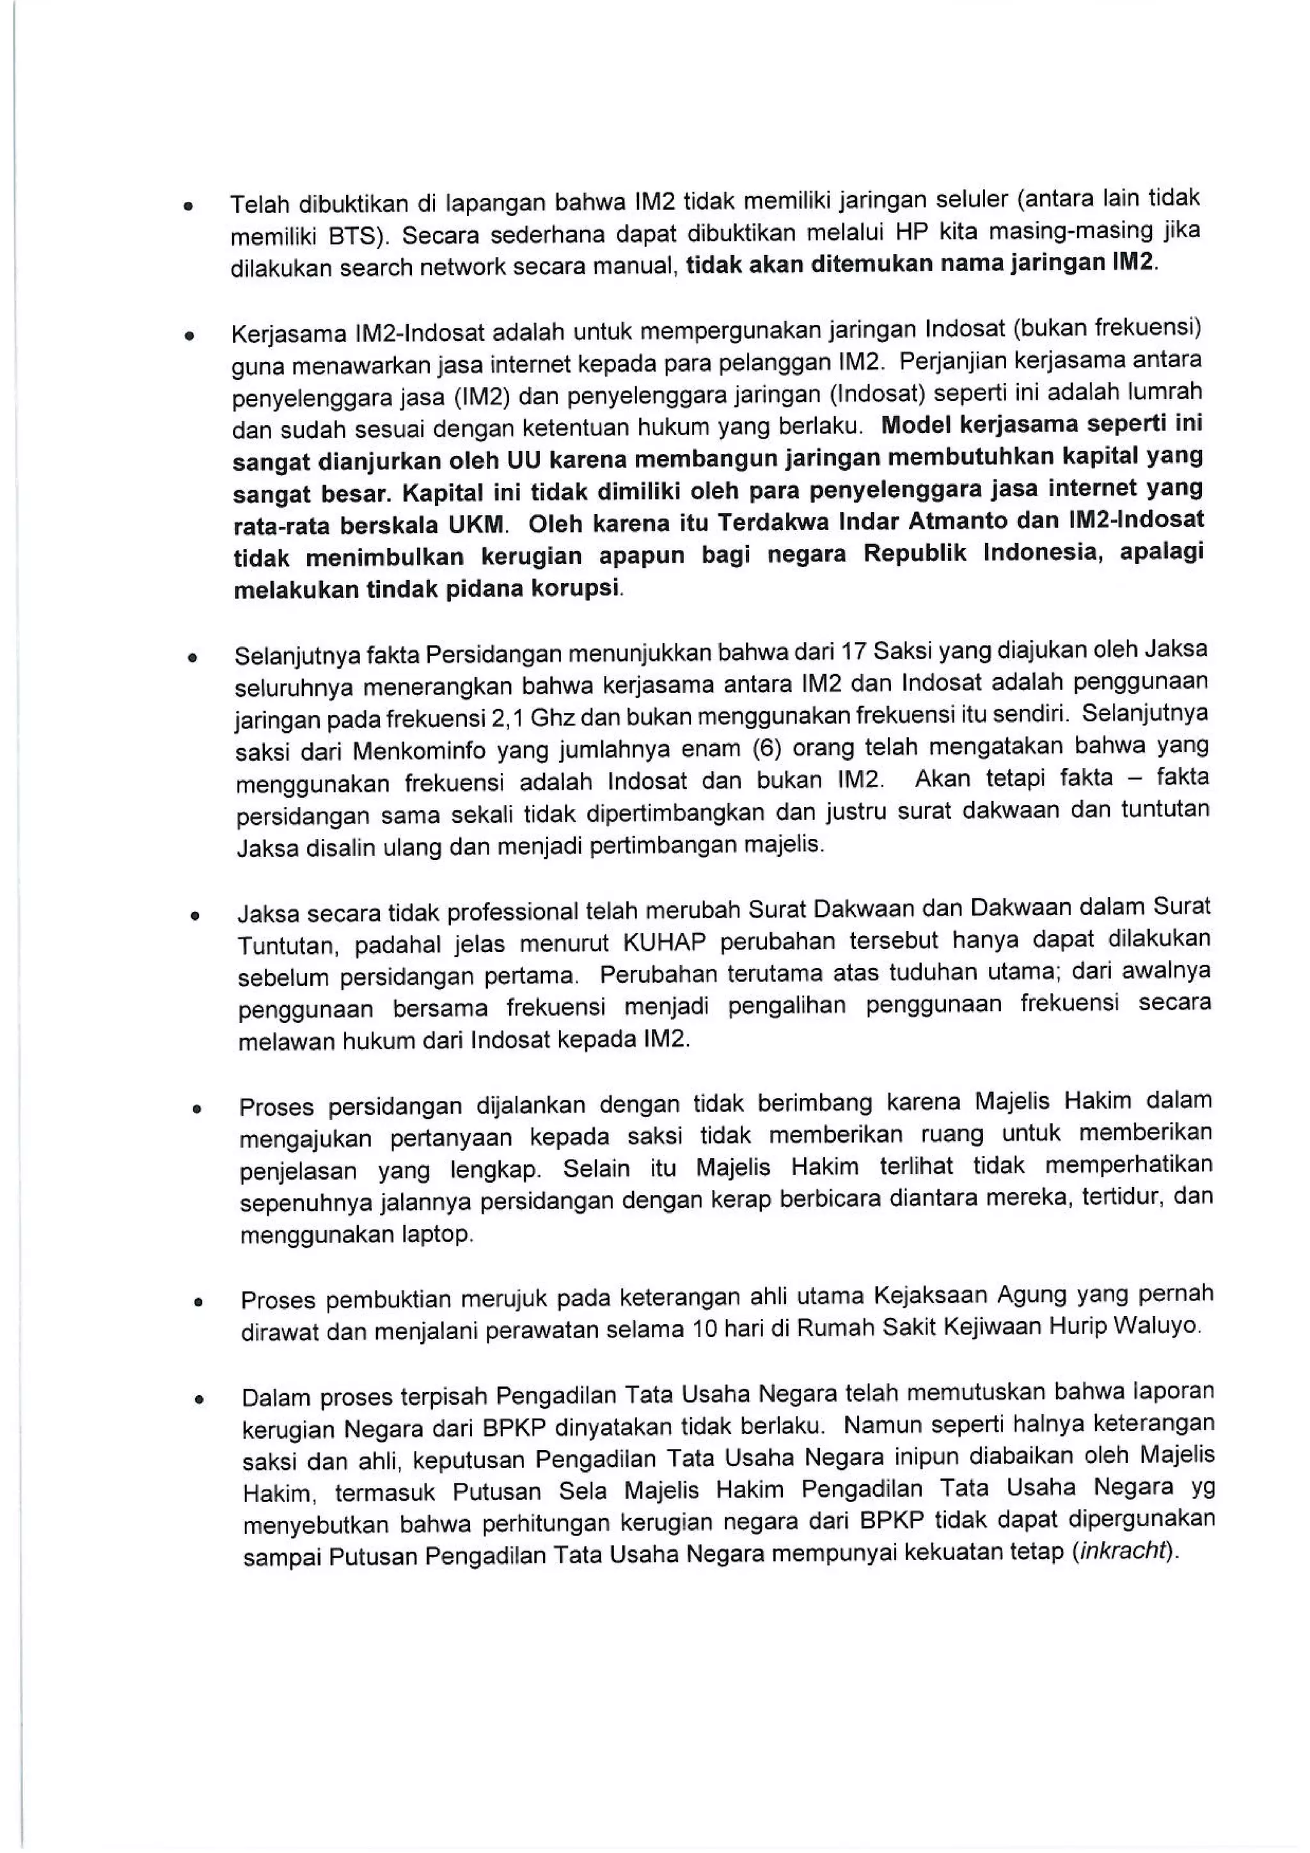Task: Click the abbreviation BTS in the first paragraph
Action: click(x=356, y=237)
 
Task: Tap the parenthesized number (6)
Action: click(x=766, y=748)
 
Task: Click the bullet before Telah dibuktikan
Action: click(x=187, y=207)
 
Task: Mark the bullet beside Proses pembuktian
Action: click(x=197, y=1302)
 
